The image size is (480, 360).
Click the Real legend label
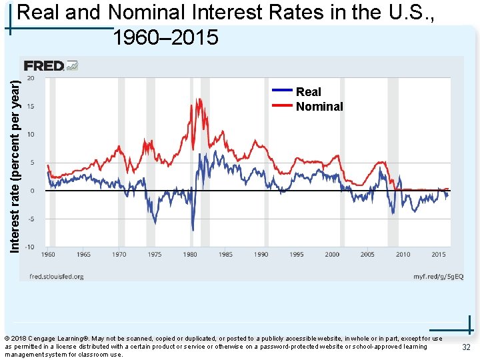(x=308, y=92)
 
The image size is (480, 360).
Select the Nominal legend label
(x=319, y=107)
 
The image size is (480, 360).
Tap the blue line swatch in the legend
(x=283, y=90)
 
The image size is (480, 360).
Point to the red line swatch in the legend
(x=283, y=105)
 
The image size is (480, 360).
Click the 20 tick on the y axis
(x=31, y=79)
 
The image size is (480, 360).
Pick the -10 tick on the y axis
(x=30, y=247)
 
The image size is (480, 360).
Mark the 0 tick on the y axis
(x=33, y=191)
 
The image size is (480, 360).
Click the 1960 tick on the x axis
(x=49, y=255)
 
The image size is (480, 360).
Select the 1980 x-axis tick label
(x=190, y=255)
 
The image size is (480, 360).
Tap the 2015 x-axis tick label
(x=438, y=255)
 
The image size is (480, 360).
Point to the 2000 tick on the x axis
(x=332, y=255)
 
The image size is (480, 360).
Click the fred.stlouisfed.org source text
(x=56, y=276)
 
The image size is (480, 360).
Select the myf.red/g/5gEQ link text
(x=437, y=276)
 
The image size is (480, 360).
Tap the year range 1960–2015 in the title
(x=165, y=38)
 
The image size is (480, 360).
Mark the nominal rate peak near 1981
(x=198, y=99)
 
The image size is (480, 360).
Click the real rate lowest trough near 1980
(x=193, y=229)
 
